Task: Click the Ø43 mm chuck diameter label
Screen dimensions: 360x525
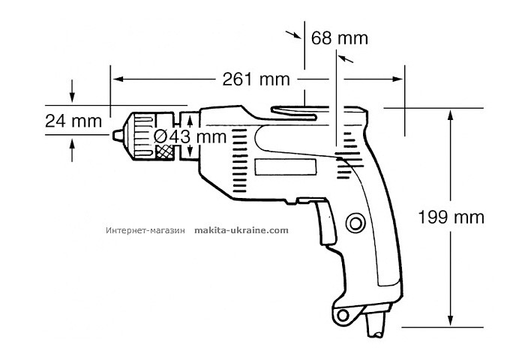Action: (x=189, y=136)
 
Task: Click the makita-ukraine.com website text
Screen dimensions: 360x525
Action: (x=241, y=231)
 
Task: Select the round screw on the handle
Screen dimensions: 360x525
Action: (x=355, y=223)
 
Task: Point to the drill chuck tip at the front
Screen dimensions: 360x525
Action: (x=118, y=135)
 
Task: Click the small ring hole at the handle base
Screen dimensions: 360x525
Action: (x=343, y=313)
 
